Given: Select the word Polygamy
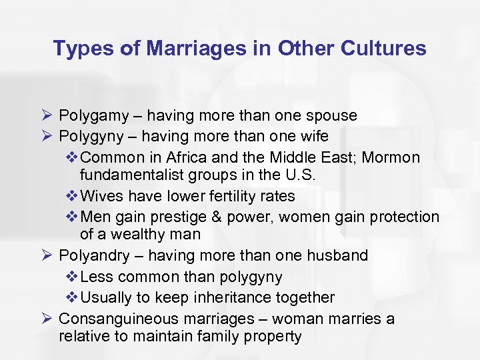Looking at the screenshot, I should pyautogui.click(x=94, y=116).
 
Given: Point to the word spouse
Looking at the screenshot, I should pyautogui.click(x=333, y=116).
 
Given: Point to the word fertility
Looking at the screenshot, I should pyautogui.click(x=216, y=197).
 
